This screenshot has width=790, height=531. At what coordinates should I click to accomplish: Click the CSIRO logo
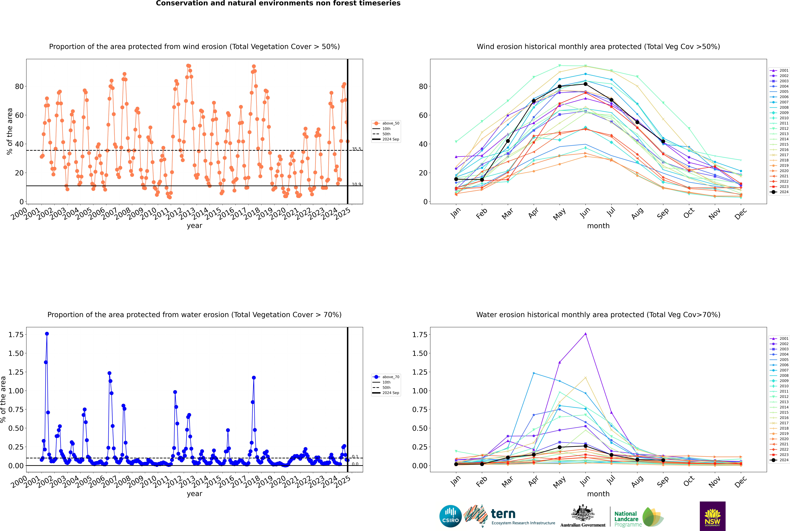click(x=450, y=516)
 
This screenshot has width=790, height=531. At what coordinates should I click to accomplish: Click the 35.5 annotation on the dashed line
click(x=356, y=149)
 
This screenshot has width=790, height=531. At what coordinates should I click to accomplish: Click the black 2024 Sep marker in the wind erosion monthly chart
click(x=663, y=141)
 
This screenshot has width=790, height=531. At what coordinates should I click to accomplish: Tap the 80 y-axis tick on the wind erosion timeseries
click(x=19, y=86)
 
